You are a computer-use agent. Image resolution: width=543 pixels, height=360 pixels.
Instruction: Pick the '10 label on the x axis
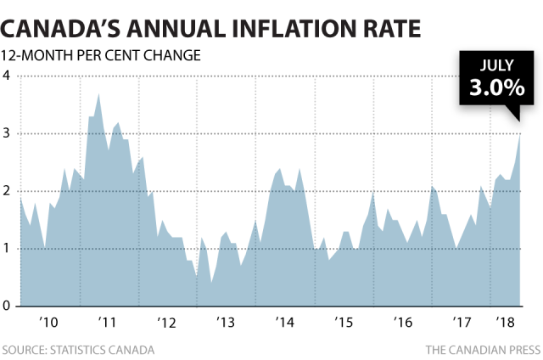tap(48, 323)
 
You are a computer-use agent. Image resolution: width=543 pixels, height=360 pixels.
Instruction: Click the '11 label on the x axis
tap(108, 323)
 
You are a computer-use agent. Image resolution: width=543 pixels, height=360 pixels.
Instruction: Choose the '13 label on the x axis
tap(227, 323)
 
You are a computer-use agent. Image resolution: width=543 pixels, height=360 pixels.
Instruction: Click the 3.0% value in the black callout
tap(495, 89)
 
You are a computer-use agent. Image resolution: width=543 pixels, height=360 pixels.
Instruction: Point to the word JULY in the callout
tap(495, 65)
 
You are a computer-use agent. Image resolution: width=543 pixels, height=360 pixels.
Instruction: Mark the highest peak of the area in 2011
tap(99, 93)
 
